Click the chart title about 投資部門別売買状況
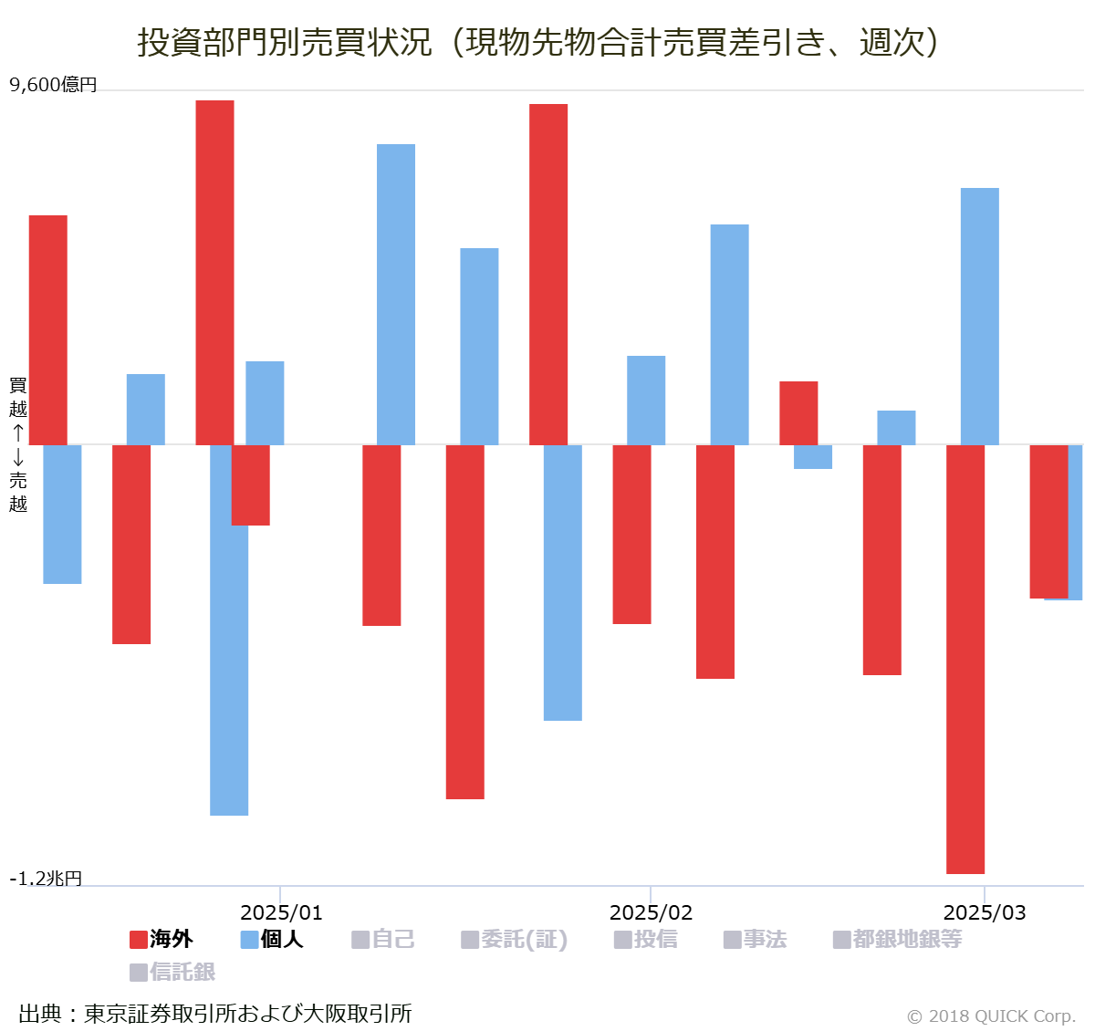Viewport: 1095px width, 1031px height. point(538,42)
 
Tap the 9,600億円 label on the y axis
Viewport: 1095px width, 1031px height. point(53,85)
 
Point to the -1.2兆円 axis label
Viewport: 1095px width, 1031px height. point(46,878)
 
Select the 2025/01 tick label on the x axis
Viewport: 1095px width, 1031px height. point(281,912)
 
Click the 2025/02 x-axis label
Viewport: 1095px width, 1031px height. point(651,912)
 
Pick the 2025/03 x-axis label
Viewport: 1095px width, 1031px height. point(984,912)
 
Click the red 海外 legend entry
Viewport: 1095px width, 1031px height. point(162,939)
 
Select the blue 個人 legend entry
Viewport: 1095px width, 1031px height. point(272,939)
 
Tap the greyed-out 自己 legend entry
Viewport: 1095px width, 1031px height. point(383,939)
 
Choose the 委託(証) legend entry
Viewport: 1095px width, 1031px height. point(515,939)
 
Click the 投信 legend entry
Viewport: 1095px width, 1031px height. point(646,939)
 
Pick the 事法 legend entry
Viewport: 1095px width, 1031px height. point(756,939)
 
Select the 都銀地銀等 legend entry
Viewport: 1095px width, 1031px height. point(898,939)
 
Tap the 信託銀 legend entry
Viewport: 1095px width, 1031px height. point(173,972)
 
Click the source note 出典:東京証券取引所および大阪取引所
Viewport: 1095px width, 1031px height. point(215,1014)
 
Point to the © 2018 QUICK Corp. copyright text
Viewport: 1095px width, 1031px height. point(991,1015)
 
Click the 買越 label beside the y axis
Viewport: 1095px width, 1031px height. point(18,397)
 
